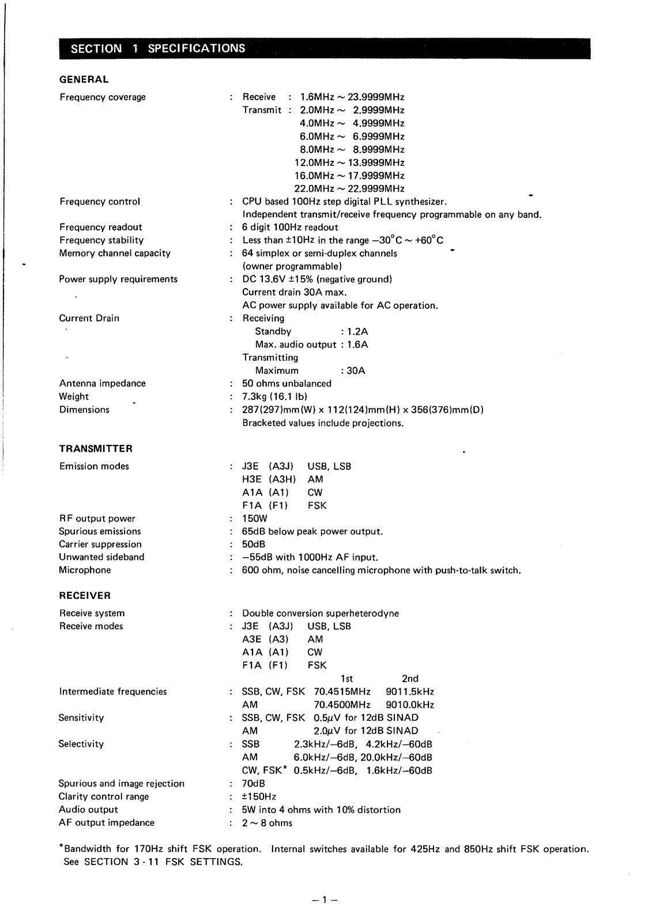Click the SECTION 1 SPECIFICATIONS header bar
click(325, 48)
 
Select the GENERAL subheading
click(84, 80)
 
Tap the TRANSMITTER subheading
click(96, 448)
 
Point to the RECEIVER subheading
click(85, 595)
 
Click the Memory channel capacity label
click(115, 253)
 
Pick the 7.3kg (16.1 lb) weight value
click(274, 396)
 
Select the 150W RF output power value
click(255, 518)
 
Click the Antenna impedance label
click(102, 383)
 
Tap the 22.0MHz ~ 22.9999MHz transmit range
click(349, 188)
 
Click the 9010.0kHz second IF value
click(409, 704)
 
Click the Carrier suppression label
click(100, 544)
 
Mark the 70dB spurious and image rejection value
click(254, 783)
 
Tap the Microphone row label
click(85, 570)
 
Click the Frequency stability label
click(101, 240)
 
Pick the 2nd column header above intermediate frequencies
click(410, 678)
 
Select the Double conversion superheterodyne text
click(321, 613)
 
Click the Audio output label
click(88, 810)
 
